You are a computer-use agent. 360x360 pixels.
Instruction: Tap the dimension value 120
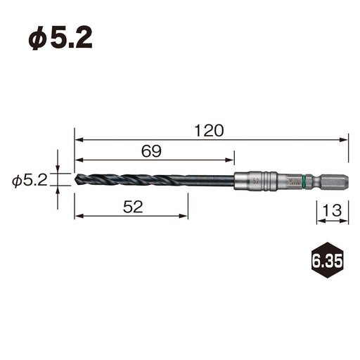(210, 131)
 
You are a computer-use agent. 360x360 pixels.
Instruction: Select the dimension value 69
(151, 151)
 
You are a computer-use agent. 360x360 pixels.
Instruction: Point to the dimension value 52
(133, 207)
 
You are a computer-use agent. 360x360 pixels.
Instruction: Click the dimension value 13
(332, 210)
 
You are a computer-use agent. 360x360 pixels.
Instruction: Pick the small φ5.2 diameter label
(30, 180)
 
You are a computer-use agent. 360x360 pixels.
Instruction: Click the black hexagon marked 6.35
(328, 260)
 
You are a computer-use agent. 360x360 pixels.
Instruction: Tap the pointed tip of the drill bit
(75, 179)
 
